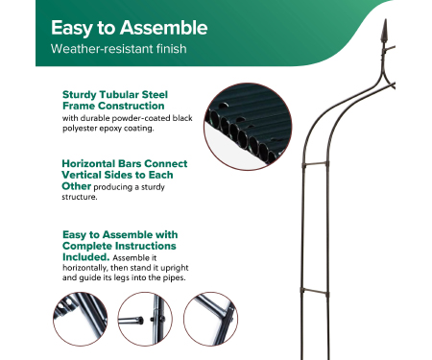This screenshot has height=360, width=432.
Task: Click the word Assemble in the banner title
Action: (x=163, y=28)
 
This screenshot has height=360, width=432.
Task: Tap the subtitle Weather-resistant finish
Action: (x=119, y=49)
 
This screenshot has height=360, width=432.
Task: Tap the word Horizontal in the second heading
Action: (x=88, y=163)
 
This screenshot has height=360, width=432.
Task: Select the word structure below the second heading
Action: (x=80, y=197)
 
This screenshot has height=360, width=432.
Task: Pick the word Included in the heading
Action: (x=85, y=257)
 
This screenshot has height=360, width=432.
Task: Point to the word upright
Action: (x=175, y=268)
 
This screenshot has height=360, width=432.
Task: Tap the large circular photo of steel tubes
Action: (x=248, y=127)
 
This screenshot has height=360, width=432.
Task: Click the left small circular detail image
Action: (x=81, y=319)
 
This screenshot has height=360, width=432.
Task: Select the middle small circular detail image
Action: (x=145, y=319)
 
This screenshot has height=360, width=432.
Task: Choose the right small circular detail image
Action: (x=210, y=319)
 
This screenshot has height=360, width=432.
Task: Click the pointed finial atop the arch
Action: (x=385, y=31)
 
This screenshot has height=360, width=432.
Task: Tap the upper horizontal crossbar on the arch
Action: (x=315, y=164)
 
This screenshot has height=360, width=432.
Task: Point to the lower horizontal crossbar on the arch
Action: (x=315, y=291)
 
